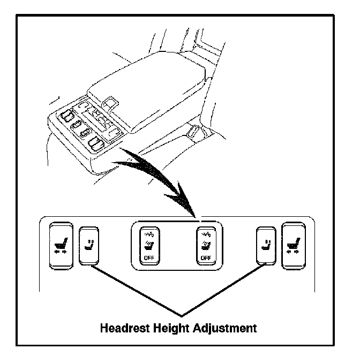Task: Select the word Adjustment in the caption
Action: [x=226, y=328]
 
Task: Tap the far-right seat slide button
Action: [x=292, y=245]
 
